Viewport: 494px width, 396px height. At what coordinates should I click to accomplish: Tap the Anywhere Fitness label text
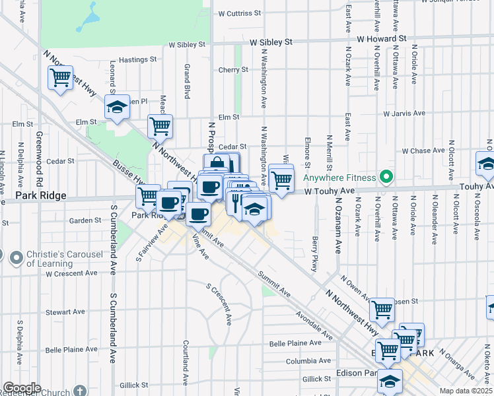point(339,178)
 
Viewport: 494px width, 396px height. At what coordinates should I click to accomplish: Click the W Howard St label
point(380,40)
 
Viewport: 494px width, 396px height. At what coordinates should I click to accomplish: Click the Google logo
point(22,388)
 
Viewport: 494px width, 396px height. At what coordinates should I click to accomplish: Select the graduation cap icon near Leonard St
point(117,108)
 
